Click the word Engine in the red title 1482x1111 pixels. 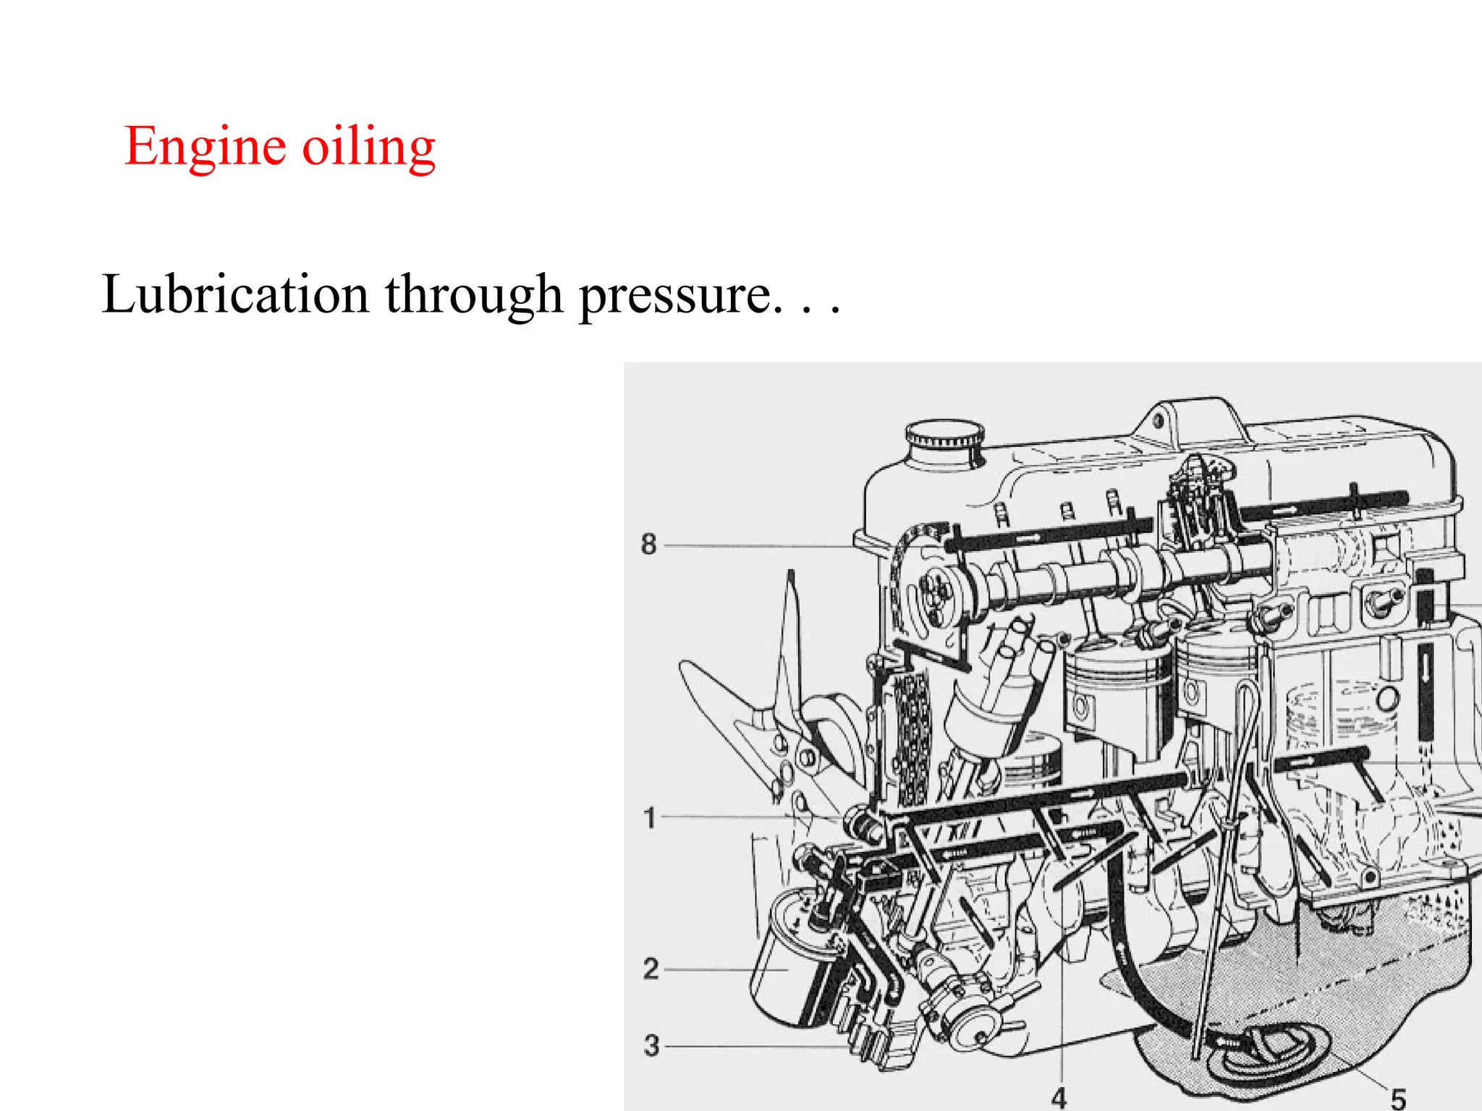(205, 147)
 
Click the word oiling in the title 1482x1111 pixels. (368, 147)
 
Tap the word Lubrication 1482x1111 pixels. (235, 294)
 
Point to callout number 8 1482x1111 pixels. (648, 544)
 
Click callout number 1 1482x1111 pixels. (649, 818)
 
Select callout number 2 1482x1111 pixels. (651, 969)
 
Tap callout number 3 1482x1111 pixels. (651, 1046)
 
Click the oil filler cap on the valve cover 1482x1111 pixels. (944, 435)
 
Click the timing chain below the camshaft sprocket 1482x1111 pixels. (910, 738)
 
